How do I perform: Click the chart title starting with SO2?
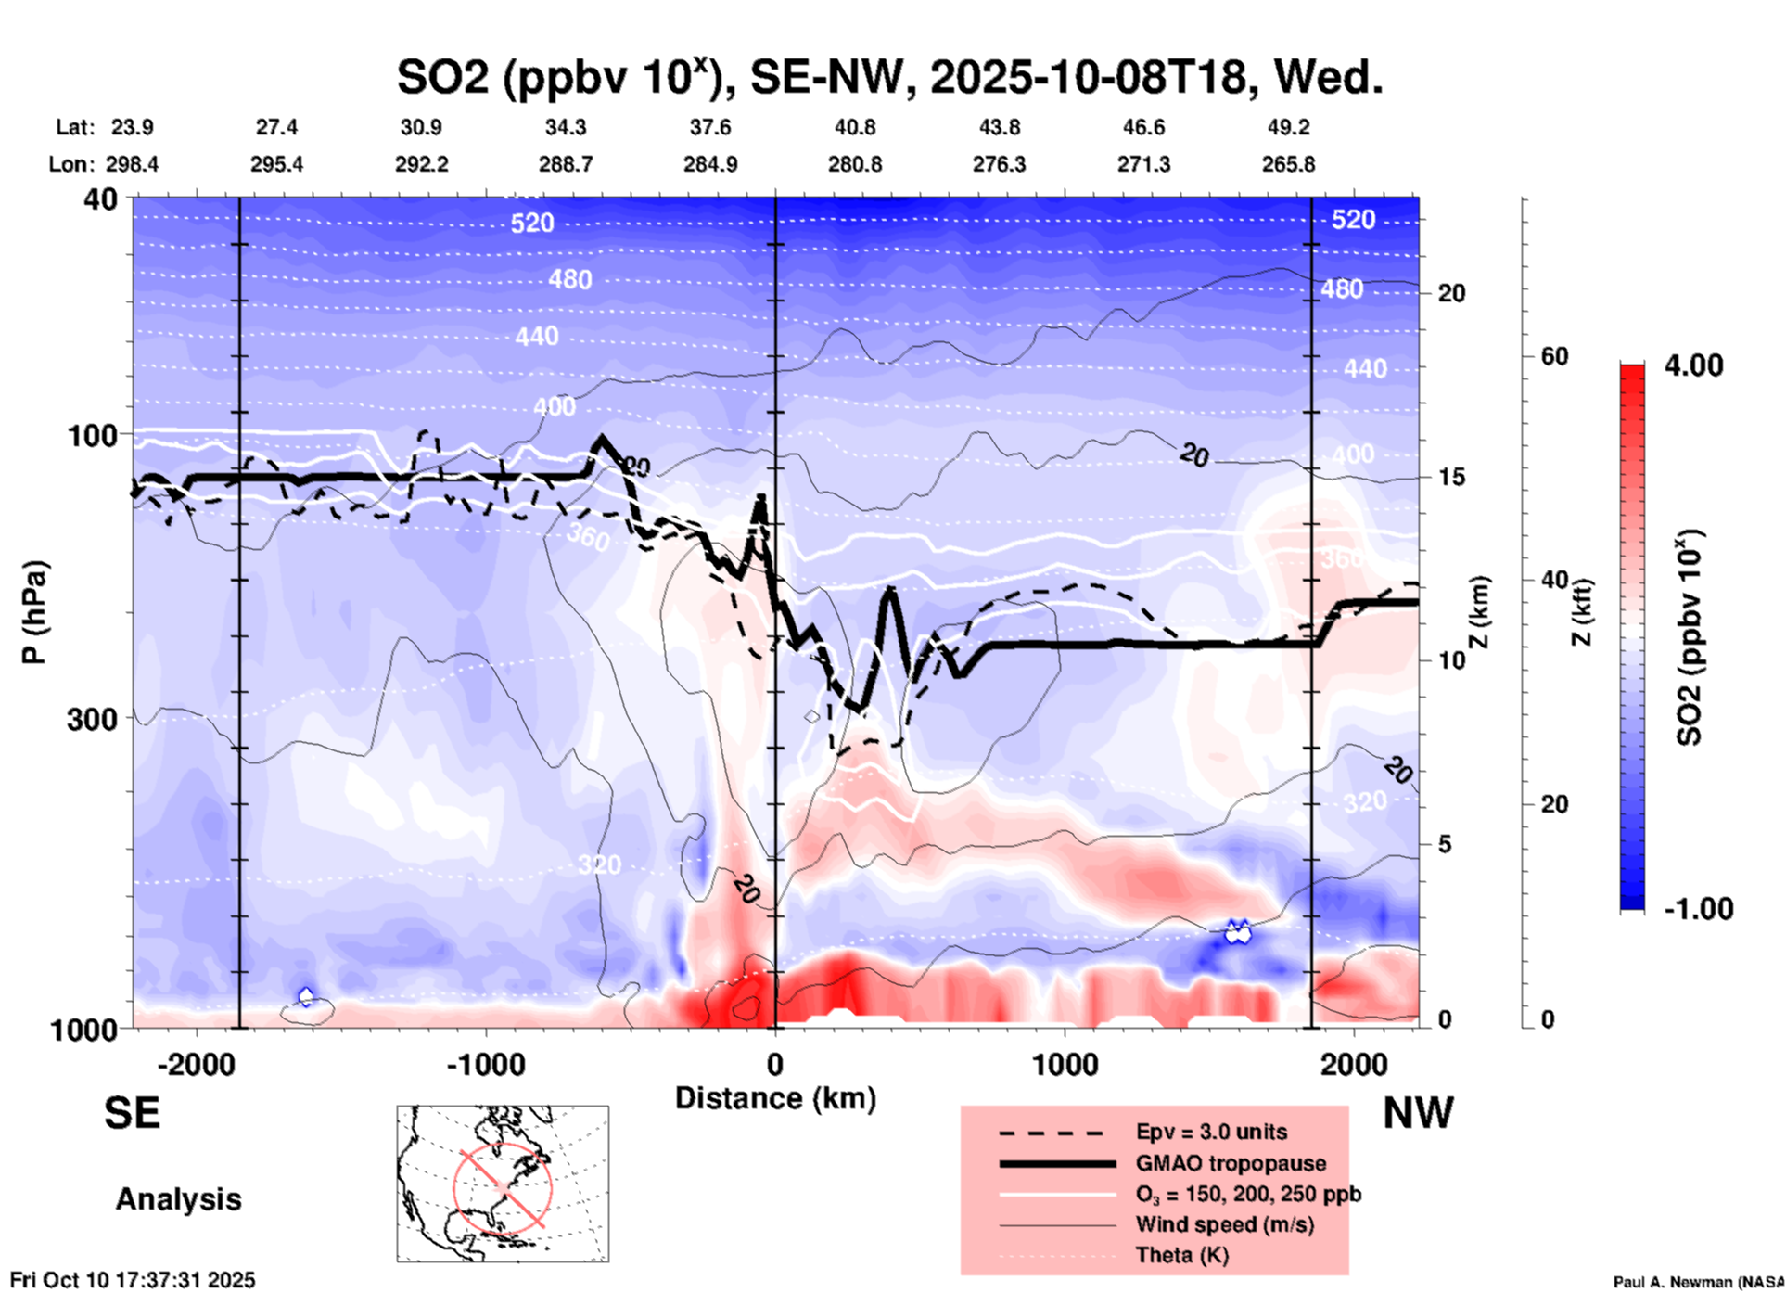[889, 78]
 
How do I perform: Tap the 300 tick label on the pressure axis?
[93, 719]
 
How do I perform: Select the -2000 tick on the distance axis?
[197, 1064]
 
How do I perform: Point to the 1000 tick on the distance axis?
[1065, 1064]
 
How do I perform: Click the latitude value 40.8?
[854, 127]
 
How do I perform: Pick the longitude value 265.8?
[1288, 164]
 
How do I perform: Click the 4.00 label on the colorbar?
[1693, 365]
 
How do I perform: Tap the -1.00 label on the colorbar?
[1698, 908]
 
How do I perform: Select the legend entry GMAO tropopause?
[1231, 1163]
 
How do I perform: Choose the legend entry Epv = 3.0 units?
[1211, 1132]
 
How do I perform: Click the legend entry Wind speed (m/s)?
[1224, 1224]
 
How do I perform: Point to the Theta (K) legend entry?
[1181, 1255]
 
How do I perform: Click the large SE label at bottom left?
[132, 1113]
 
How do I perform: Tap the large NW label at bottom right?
[1418, 1113]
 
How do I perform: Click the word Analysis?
[178, 1198]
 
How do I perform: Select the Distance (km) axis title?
[775, 1098]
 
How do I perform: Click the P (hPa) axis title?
[33, 612]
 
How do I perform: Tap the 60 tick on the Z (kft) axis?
[1553, 356]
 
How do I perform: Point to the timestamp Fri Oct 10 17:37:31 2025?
[133, 1280]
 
